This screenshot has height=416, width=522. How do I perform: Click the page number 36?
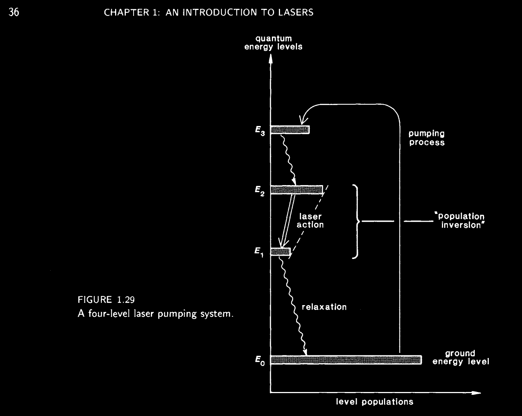click(14, 12)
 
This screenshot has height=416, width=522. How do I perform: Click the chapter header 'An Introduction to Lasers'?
click(209, 13)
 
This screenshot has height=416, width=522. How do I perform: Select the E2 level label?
click(260, 191)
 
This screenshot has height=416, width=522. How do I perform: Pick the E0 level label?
click(260, 360)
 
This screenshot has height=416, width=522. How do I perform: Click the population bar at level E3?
click(290, 129)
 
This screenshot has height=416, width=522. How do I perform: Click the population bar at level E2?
click(297, 190)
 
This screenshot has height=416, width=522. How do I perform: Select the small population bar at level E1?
click(281, 252)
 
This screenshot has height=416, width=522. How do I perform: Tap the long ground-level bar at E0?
click(346, 360)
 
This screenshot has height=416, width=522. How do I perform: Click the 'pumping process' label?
click(427, 138)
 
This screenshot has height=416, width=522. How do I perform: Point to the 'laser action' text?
click(310, 221)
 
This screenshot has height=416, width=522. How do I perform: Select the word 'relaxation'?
click(324, 307)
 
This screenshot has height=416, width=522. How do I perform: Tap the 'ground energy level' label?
click(460, 357)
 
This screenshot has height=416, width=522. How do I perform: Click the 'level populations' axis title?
click(374, 402)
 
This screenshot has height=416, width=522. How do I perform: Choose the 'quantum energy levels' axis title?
click(273, 42)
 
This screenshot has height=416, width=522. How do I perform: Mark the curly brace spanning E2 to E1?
click(356, 221)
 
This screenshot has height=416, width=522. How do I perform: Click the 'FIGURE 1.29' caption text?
click(104, 299)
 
